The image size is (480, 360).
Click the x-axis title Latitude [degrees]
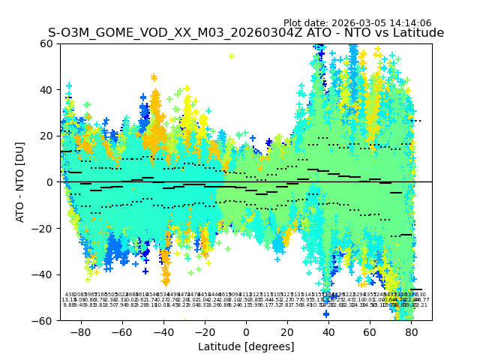(x=246, y=346)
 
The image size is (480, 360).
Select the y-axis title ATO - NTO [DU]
(x=20, y=182)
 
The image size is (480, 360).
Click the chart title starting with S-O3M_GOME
(x=246, y=33)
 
